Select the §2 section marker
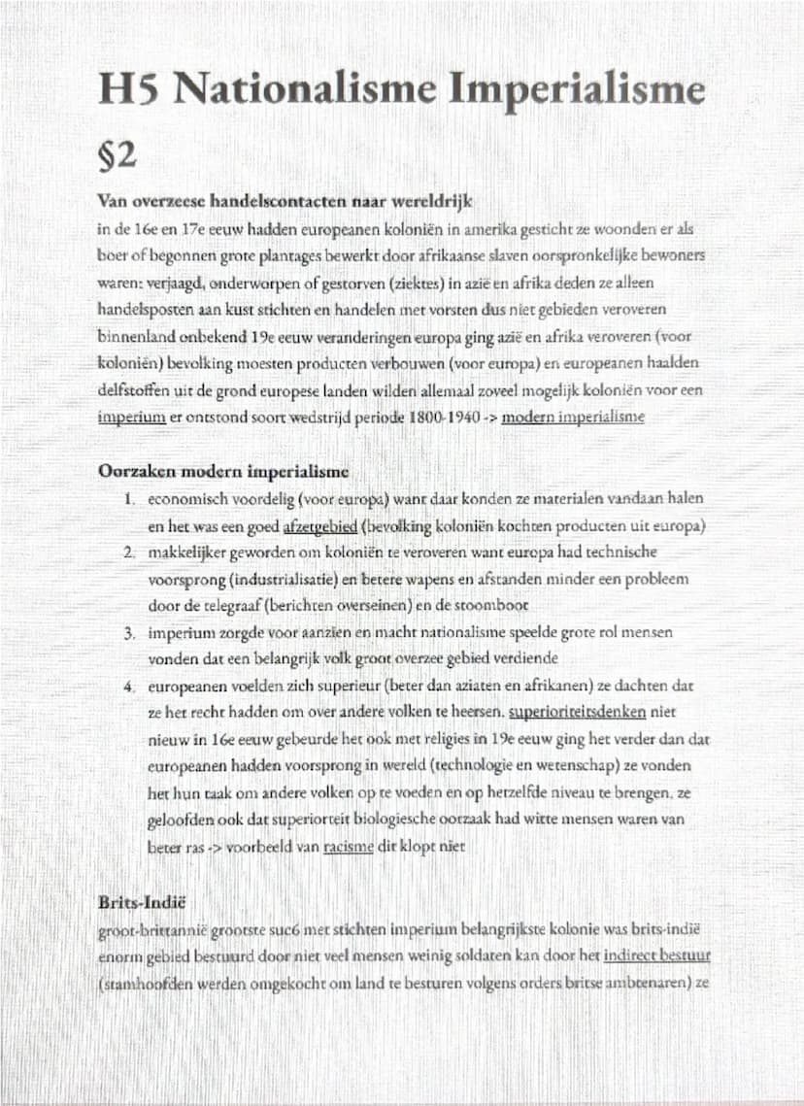tap(117, 153)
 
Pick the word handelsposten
tap(144, 308)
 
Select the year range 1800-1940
tap(460, 417)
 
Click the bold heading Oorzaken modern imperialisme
tap(223, 472)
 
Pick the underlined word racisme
tap(349, 846)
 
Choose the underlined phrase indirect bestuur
tap(656, 955)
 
